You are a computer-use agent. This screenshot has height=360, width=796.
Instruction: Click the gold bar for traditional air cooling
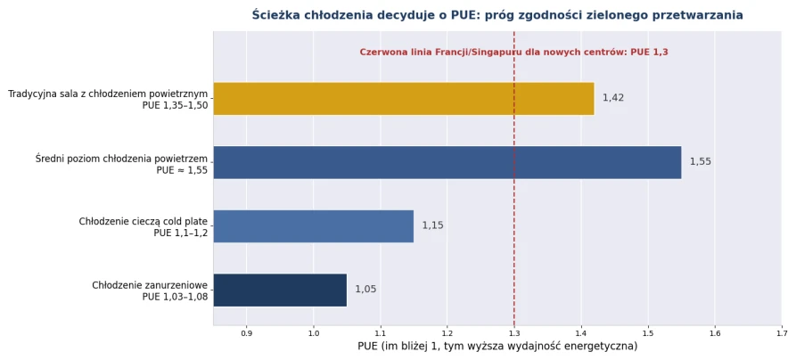404,99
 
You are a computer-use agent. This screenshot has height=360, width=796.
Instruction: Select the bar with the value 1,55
447,162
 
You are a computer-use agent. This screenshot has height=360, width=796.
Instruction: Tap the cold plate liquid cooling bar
314,226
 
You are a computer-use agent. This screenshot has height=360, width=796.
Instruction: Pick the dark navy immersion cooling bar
280,290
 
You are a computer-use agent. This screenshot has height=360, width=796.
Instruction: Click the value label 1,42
613,98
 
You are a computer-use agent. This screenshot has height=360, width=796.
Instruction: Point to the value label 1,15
433,225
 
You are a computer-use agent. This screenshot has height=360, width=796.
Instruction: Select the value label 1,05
366,290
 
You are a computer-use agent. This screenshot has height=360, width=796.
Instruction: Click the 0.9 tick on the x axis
246,333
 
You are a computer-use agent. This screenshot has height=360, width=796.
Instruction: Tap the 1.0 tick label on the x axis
313,333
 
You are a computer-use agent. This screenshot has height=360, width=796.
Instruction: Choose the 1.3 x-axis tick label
514,333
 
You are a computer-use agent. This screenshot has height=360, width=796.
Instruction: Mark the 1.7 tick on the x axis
782,333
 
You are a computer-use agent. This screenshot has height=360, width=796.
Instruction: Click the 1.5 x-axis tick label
648,333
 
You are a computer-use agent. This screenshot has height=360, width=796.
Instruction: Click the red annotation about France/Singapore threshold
513,52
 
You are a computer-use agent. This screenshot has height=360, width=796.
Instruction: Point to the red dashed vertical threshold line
514,178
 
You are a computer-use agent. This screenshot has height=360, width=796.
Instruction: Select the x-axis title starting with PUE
497,347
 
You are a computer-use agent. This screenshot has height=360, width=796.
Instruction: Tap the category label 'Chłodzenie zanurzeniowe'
150,285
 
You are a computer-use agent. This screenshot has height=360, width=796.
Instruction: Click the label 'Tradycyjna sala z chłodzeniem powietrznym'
108,94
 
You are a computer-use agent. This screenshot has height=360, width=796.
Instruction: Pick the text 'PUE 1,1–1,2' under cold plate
181,233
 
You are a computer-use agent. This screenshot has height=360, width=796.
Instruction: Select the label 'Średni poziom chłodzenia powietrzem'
122,158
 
